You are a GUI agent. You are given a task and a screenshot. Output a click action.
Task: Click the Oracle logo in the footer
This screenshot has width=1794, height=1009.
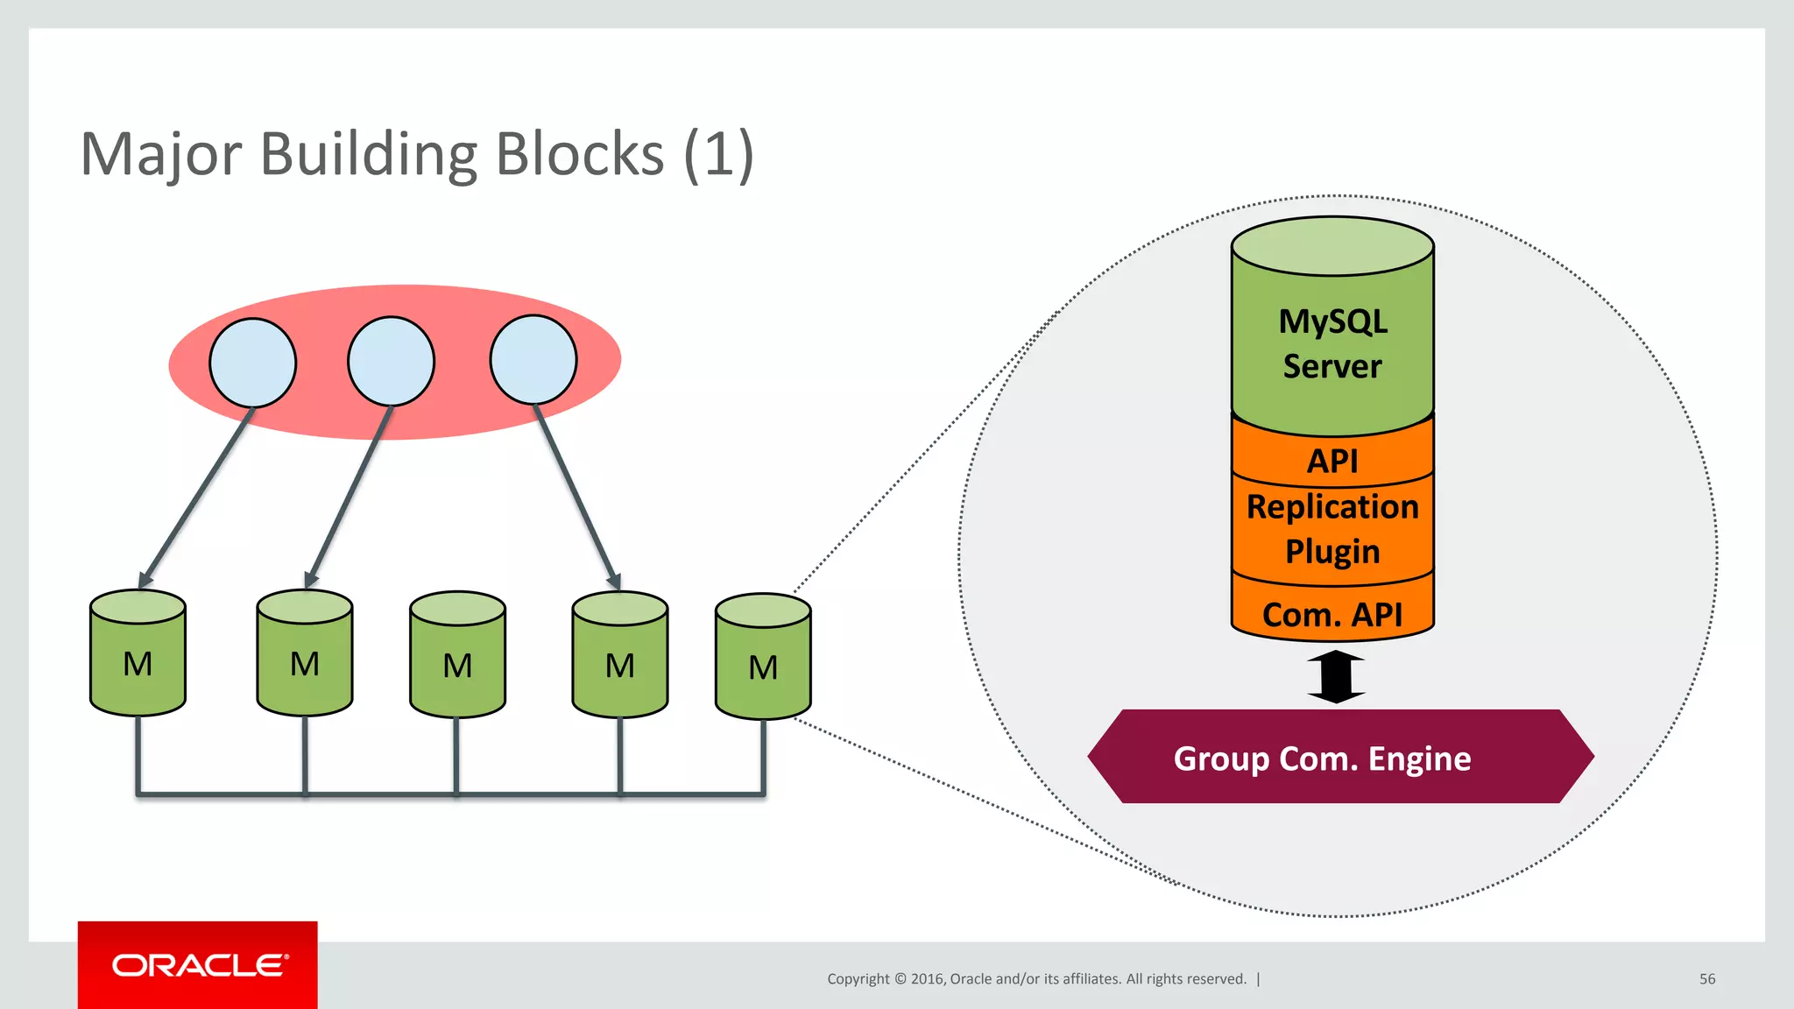199,965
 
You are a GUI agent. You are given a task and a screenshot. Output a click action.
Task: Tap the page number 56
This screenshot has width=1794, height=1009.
1706,979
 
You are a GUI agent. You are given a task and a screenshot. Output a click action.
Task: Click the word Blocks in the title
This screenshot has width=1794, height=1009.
580,154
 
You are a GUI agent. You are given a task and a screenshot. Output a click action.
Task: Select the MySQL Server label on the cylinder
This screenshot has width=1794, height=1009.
1332,343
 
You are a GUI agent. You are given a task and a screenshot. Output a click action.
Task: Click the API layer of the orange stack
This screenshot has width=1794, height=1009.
1332,461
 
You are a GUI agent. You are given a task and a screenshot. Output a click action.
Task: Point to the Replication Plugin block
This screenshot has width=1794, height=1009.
1332,529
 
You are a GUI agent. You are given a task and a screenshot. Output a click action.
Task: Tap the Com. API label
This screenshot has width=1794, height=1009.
1332,614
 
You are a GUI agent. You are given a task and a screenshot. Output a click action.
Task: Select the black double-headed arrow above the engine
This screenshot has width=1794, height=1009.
1336,677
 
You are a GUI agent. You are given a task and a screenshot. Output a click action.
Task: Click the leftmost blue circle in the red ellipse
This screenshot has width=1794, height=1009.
252,363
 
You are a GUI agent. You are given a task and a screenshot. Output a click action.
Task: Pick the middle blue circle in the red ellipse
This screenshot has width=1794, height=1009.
391,361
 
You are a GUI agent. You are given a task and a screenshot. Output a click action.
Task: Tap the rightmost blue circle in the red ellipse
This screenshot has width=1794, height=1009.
533,360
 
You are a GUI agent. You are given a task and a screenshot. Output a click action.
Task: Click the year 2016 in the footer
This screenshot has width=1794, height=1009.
928,979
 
